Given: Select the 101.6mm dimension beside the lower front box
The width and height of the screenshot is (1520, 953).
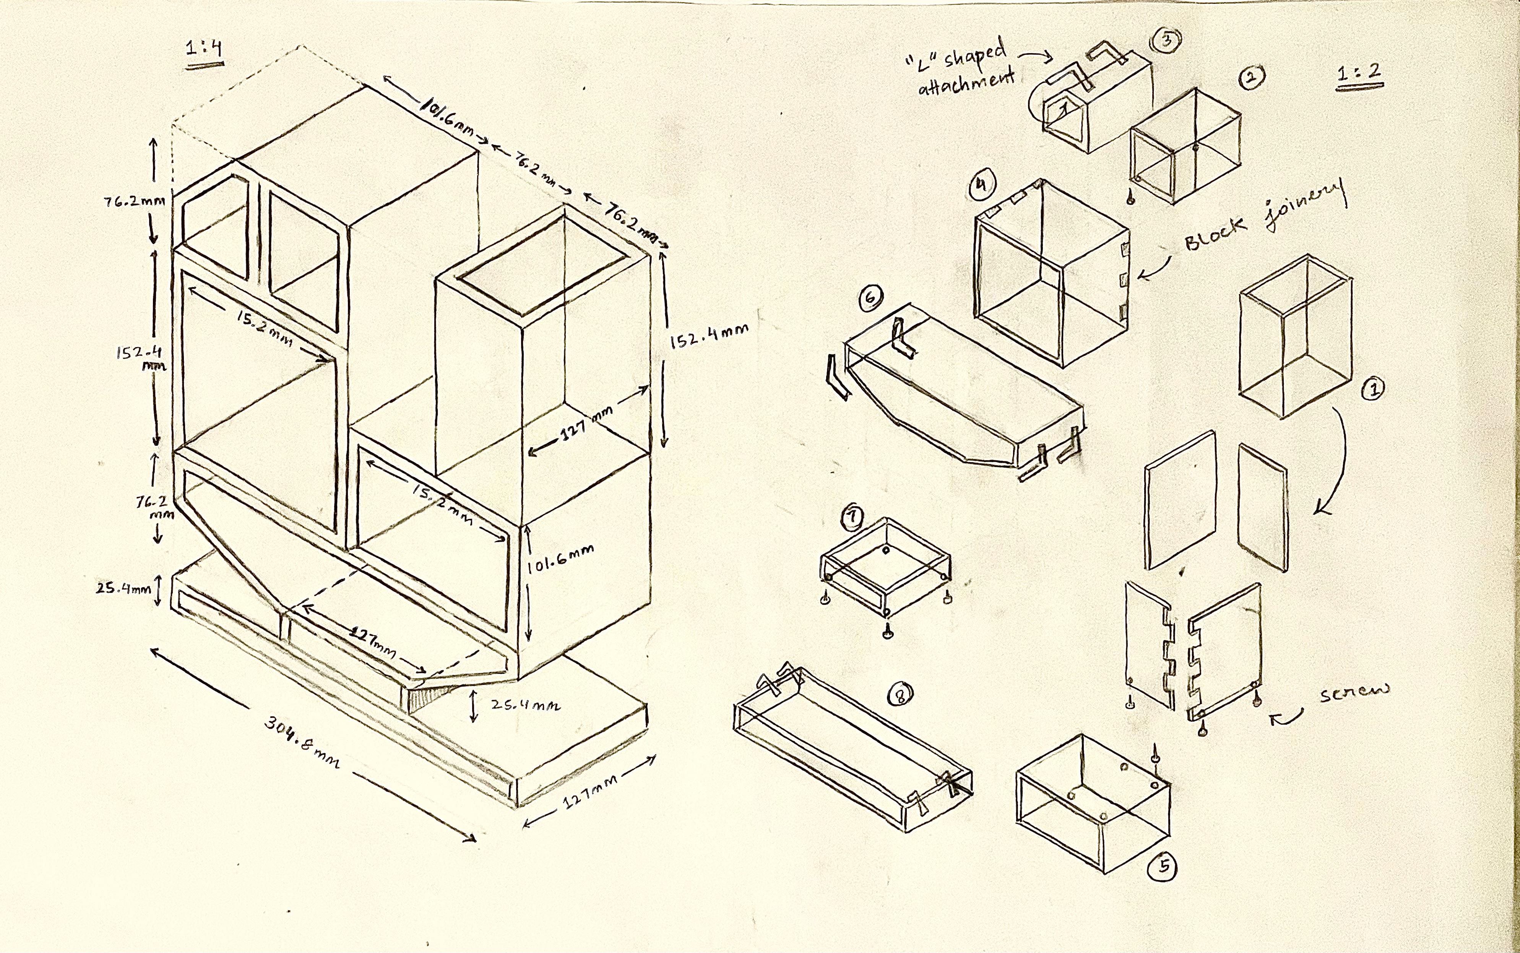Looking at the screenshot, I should pos(560,558).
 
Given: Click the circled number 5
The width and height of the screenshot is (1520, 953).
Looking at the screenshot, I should pos(1163,867).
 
